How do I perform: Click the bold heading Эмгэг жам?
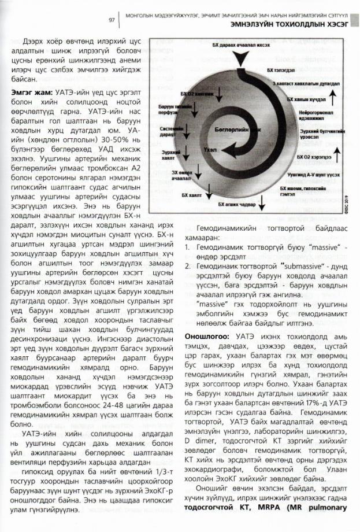(x=30, y=91)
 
